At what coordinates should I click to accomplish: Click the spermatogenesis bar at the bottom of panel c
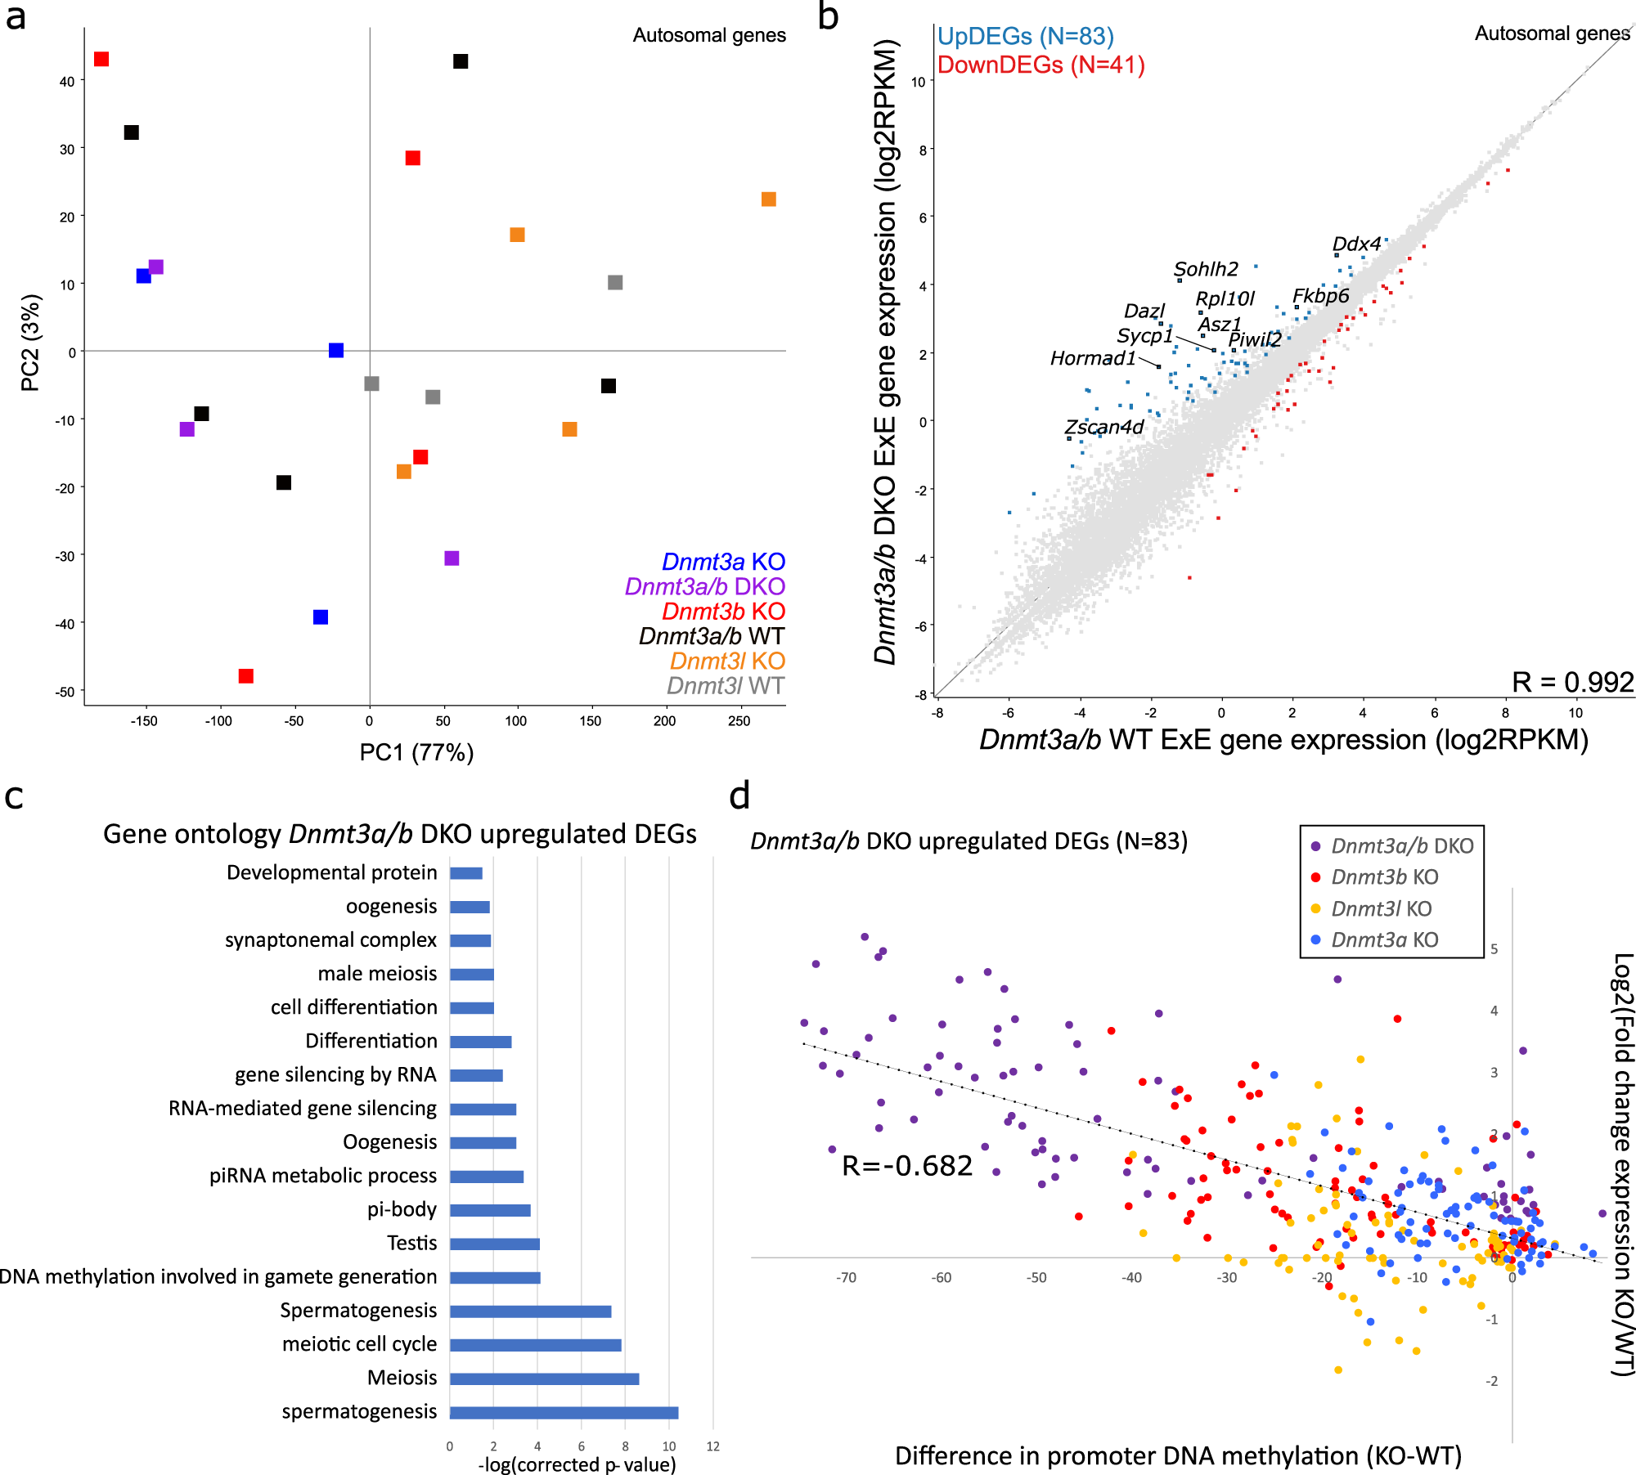[564, 1413]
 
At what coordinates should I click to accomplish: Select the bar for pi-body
[490, 1210]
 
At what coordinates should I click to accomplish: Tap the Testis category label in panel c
[411, 1243]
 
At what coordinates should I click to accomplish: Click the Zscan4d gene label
[1103, 427]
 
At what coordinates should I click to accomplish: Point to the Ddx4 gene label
[1355, 244]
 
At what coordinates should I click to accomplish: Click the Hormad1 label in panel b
[1092, 358]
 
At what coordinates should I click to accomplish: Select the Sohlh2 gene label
[1205, 269]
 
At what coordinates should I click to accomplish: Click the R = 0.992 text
[1571, 682]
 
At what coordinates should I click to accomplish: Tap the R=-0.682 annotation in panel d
[907, 1165]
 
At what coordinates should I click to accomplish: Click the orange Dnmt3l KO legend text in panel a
[727, 661]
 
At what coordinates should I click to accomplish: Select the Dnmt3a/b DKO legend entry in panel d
[1401, 845]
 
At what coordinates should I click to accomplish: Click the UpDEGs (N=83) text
[1025, 36]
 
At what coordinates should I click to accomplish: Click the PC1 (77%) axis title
[416, 751]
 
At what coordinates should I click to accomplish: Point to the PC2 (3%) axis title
[30, 343]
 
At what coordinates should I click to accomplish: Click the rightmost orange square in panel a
[768, 200]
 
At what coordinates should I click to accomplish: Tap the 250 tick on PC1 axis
[738, 721]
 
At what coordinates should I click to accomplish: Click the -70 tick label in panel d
[846, 1277]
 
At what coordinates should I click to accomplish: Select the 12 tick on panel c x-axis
[712, 1446]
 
